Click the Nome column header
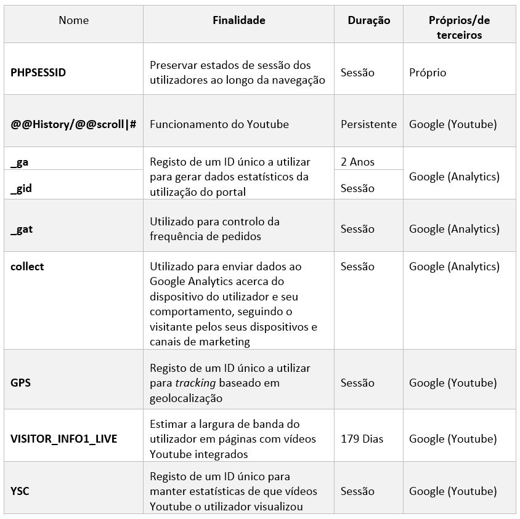[73, 20]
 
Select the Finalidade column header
[238, 20]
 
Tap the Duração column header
[368, 20]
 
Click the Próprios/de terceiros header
[459, 28]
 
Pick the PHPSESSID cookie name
[38, 72]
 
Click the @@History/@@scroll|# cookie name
[73, 124]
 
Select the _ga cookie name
[20, 162]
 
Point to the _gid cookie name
[21, 188]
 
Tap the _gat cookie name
[22, 229]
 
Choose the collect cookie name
[27, 267]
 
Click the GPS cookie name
[20, 383]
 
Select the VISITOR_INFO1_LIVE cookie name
[63, 439]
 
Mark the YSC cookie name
[20, 491]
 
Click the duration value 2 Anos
[357, 162]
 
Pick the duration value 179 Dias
[362, 439]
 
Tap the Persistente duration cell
[368, 124]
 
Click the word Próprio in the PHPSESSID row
[428, 72]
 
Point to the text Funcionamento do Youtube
[219, 124]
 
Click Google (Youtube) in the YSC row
[452, 491]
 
